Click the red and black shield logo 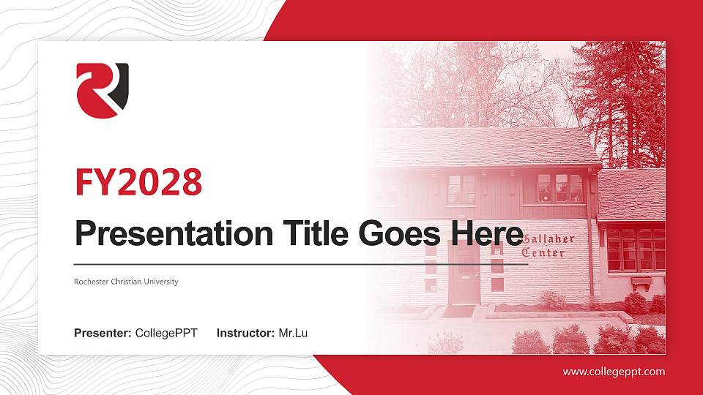tap(103, 90)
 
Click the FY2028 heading tap(138, 182)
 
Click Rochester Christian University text tap(126, 282)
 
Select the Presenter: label tap(103, 334)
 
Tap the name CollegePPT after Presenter tap(166, 334)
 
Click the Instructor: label tap(246, 334)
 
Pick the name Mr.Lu tap(293, 334)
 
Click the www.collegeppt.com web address tap(614, 372)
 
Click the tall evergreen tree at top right tap(622, 95)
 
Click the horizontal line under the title tap(300, 263)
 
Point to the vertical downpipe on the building tap(590, 219)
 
